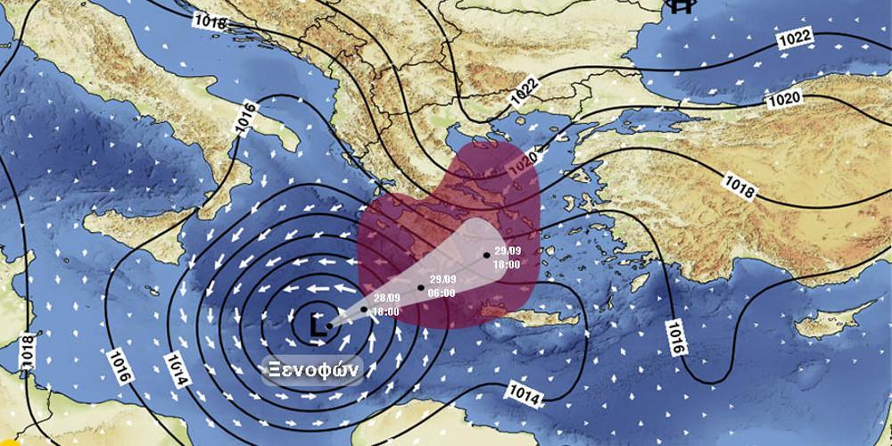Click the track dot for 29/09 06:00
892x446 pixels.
pos(421,288)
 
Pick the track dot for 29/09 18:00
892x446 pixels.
pos(487,255)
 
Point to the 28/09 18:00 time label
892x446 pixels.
pos(385,305)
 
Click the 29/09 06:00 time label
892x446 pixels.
pos(442,286)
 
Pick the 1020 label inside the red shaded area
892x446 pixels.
pos(521,161)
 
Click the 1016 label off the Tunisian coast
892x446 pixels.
pos(121,366)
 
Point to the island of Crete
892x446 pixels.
pos(526,318)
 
